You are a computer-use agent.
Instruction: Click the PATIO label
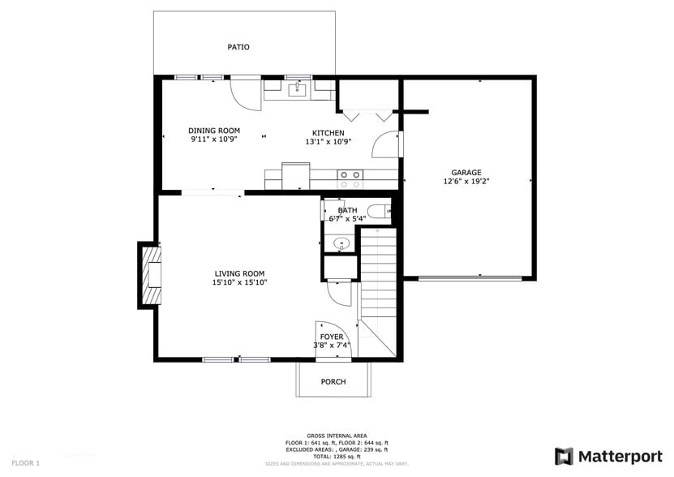(238, 47)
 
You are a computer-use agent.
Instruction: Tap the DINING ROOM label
(214, 131)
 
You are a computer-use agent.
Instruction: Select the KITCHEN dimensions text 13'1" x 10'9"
(328, 141)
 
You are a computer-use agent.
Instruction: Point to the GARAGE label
(466, 172)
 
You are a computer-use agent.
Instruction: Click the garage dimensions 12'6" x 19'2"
(466, 182)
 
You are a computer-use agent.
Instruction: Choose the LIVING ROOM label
(239, 273)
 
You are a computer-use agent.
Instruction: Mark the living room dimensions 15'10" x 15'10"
(239, 283)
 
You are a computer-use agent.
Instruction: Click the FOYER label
(331, 337)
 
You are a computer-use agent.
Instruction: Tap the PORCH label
(333, 381)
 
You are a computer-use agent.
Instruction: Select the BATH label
(347, 211)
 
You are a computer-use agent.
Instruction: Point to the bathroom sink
(340, 243)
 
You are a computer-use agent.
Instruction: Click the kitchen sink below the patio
(298, 88)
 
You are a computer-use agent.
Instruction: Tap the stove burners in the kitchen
(350, 178)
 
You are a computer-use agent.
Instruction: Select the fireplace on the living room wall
(151, 276)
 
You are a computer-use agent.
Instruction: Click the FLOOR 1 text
(26, 462)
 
